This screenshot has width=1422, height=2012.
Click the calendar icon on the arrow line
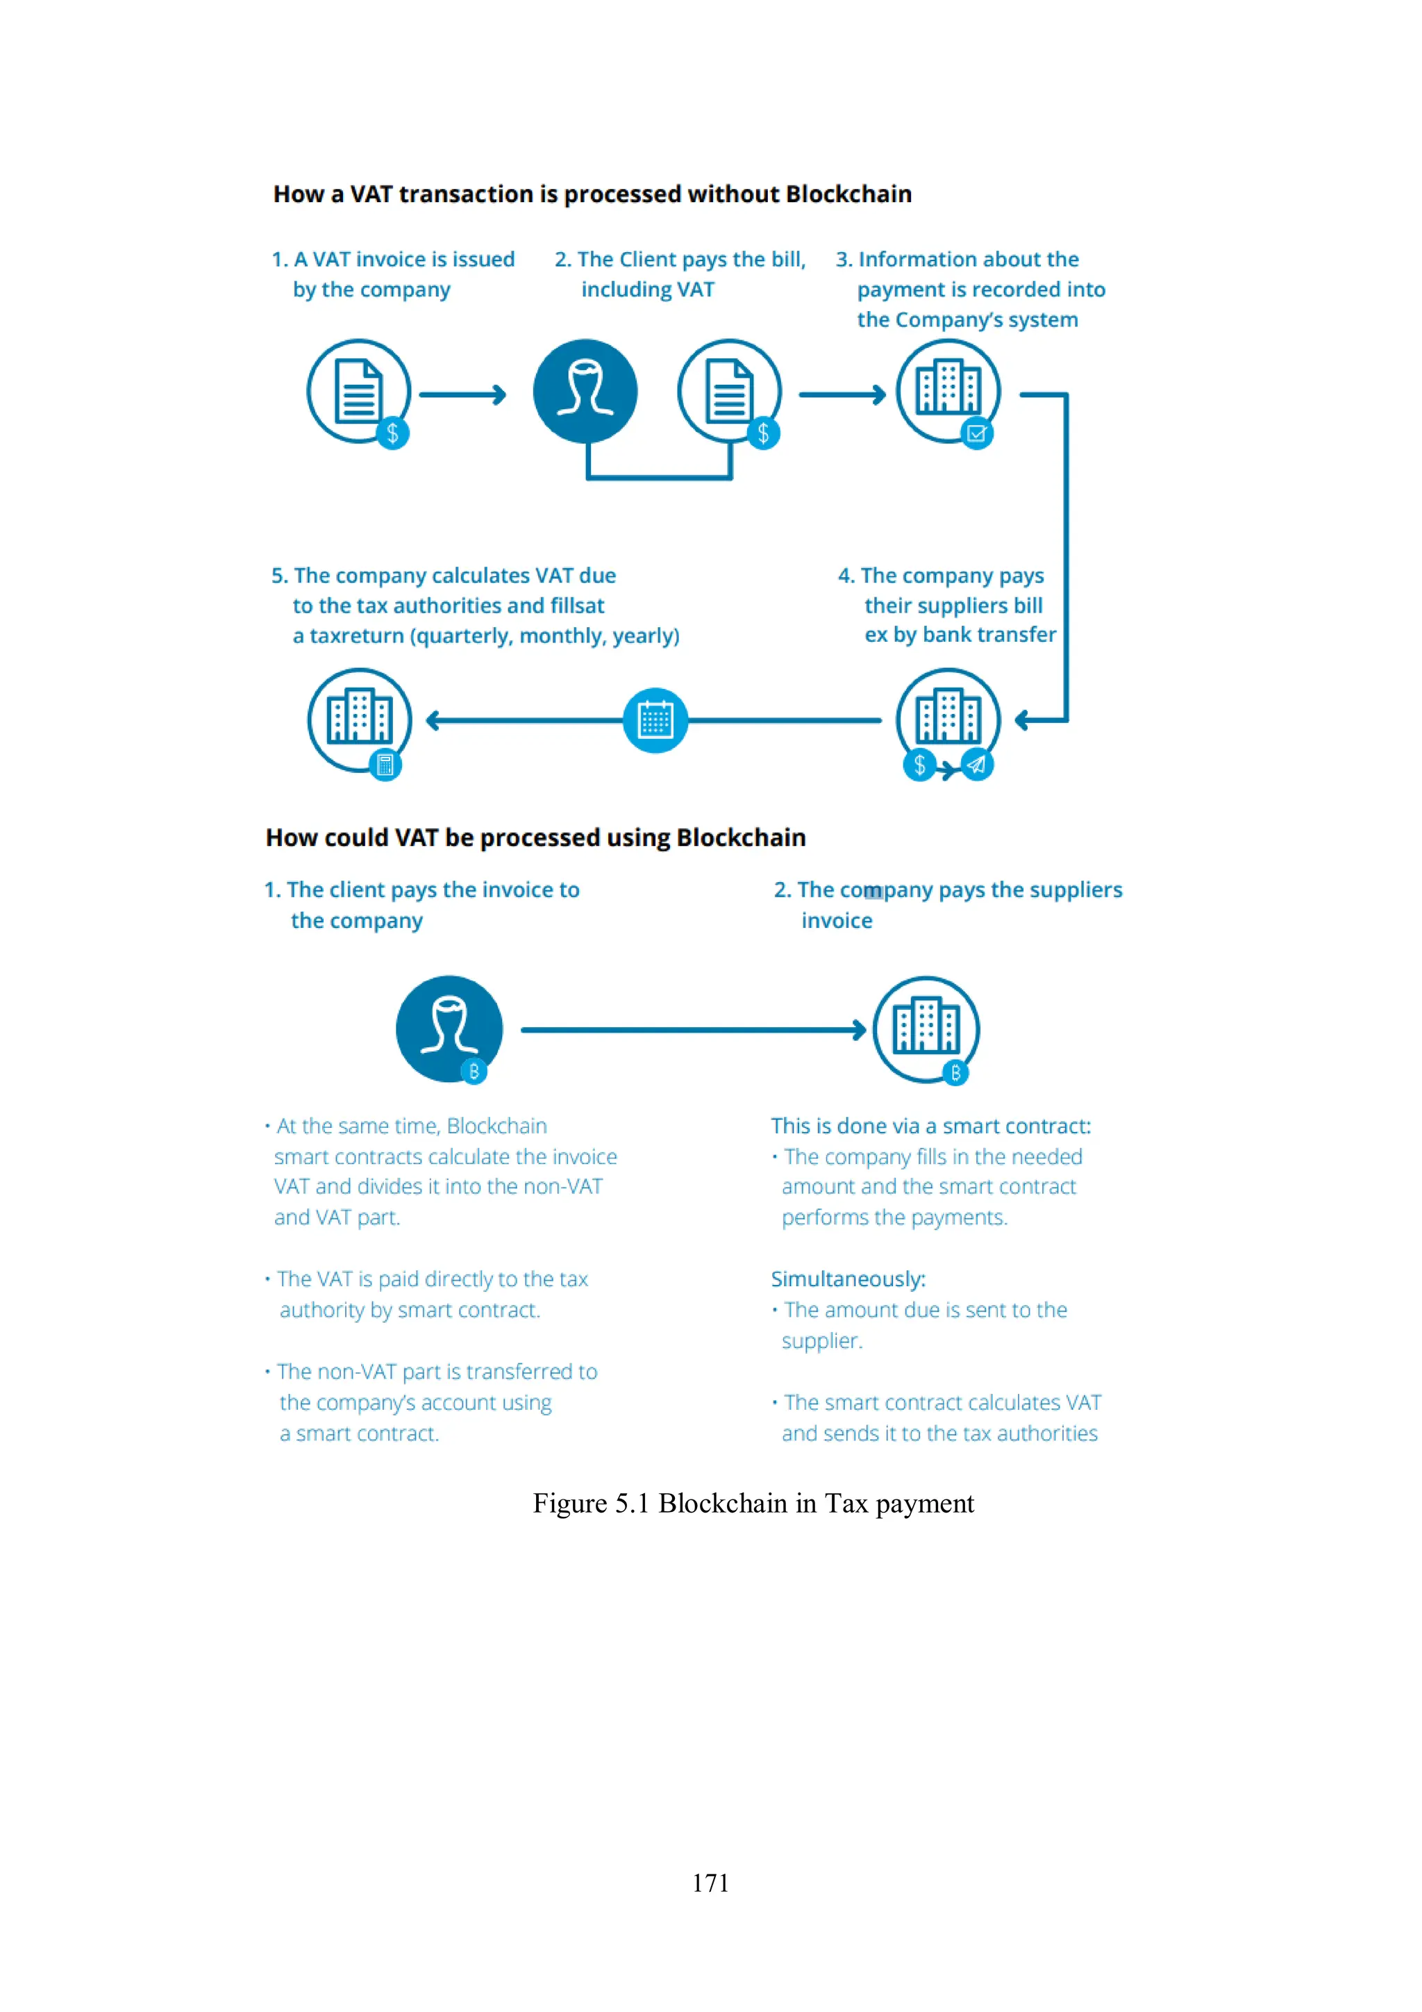[655, 720]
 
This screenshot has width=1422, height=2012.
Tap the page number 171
[710, 1882]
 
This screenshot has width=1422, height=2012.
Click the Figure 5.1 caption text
[753, 1503]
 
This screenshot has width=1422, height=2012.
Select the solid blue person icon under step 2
[585, 391]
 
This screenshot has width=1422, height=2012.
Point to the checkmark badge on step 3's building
[976, 433]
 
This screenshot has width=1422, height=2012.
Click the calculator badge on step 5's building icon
[385, 765]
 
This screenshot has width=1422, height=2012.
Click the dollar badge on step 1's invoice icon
[392, 433]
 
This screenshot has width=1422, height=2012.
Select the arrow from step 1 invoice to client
[462, 395]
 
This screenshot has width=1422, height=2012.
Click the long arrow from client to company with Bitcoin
[693, 1030]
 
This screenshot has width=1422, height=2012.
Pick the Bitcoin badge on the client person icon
[474, 1071]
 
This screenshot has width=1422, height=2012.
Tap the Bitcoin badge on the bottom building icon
[955, 1072]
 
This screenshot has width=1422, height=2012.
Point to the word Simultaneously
[847, 1279]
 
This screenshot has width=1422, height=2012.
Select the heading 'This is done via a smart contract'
[930, 1126]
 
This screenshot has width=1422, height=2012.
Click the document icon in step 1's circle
[358, 391]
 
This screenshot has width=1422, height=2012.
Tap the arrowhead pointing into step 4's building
[1023, 720]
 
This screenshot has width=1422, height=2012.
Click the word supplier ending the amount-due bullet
[821, 1340]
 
